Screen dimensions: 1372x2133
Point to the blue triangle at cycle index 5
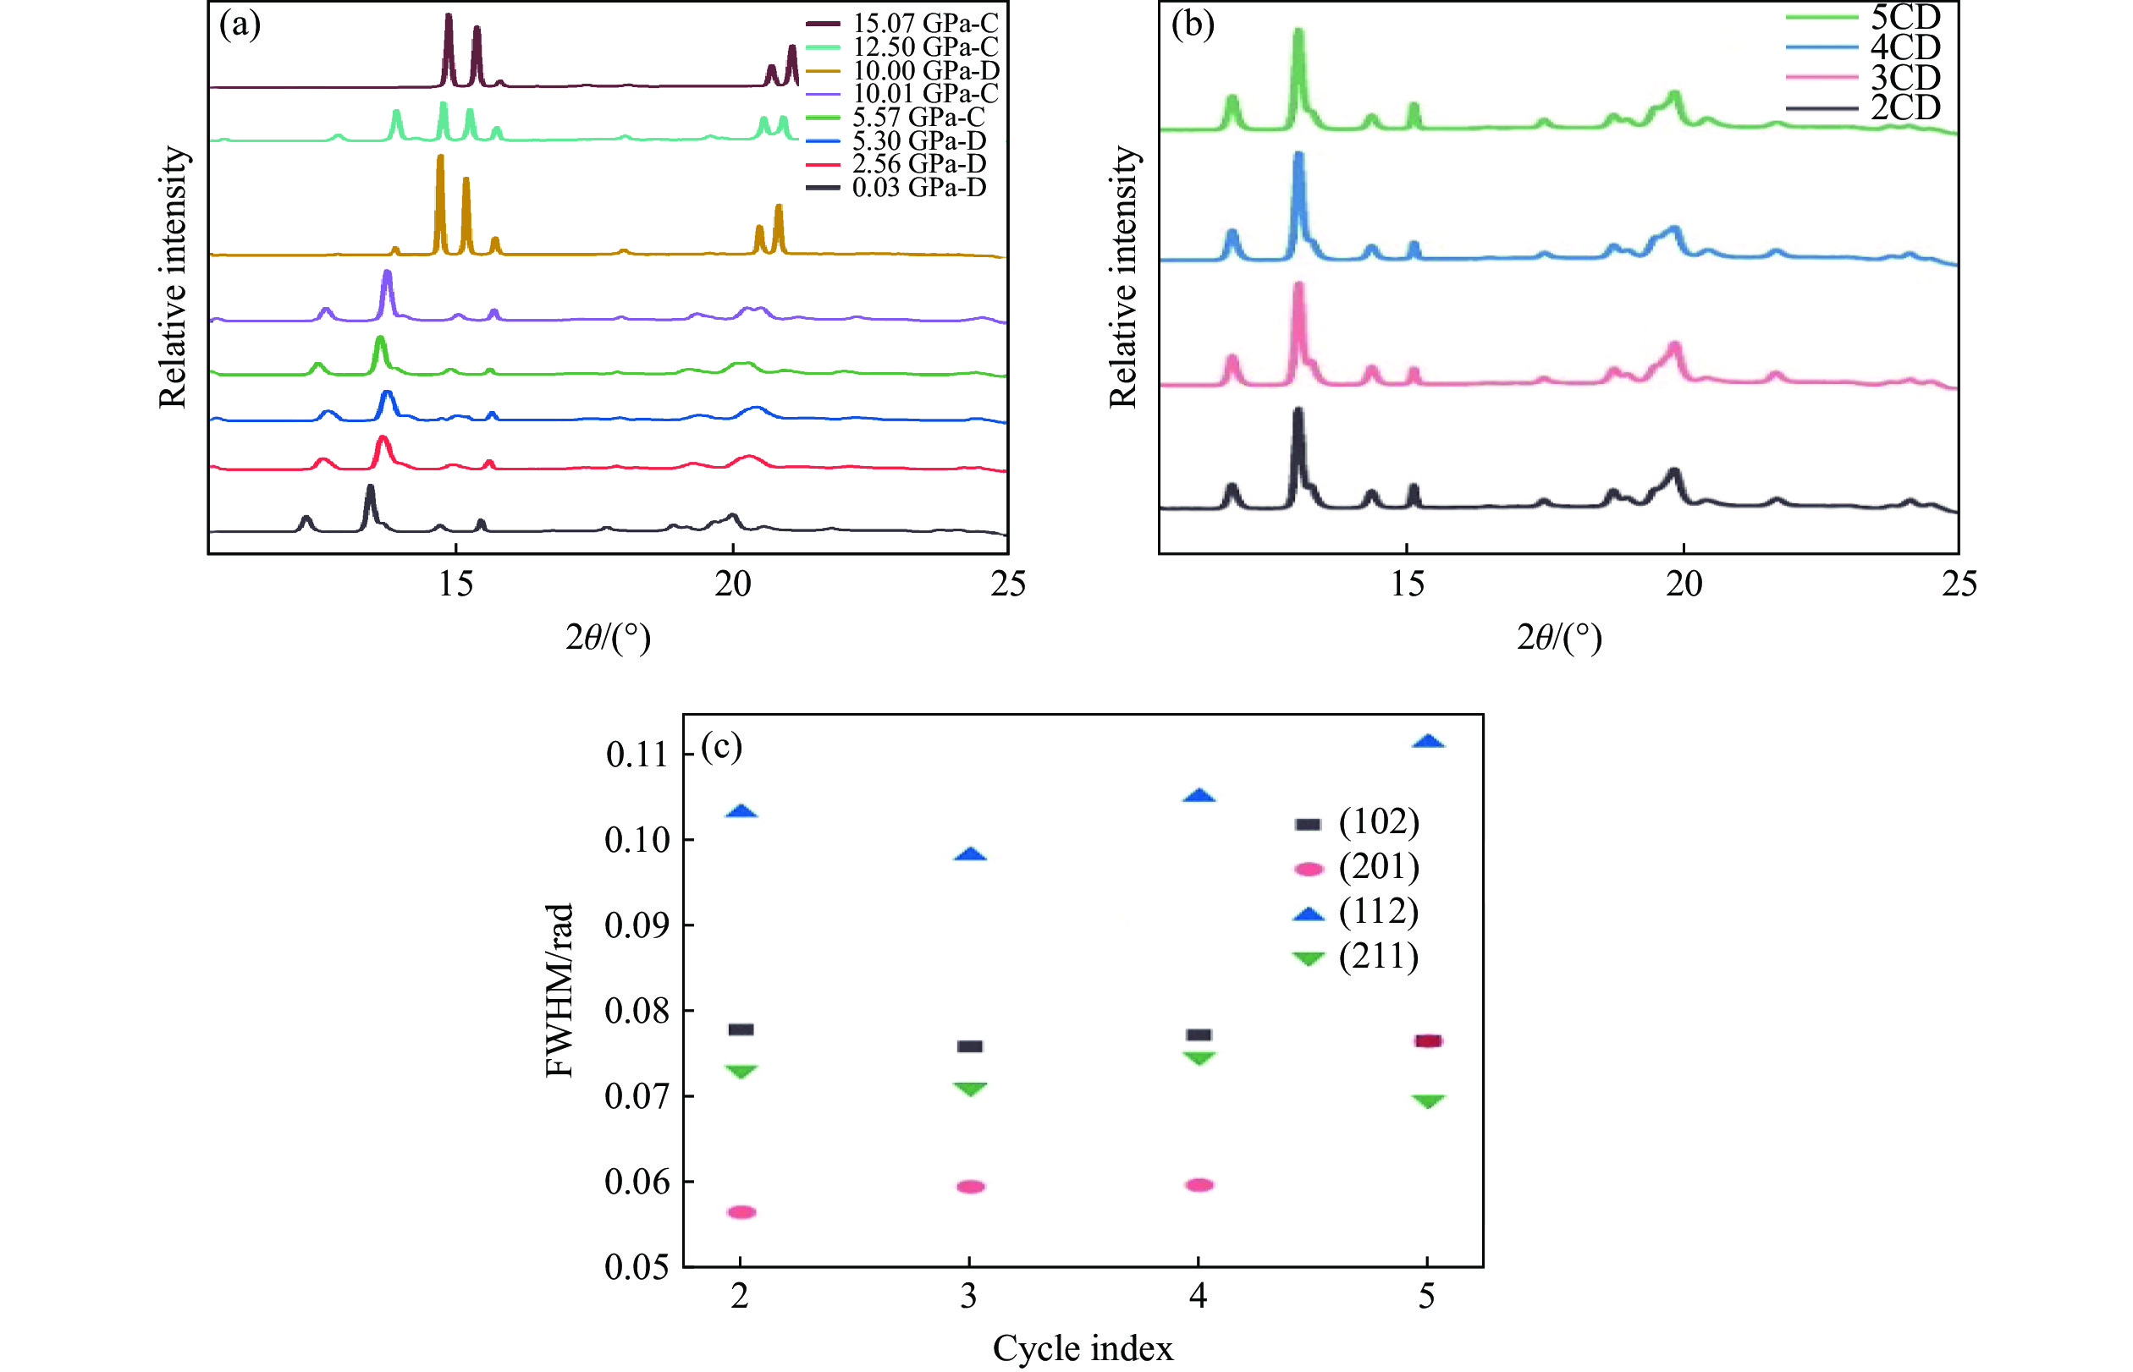click(x=1428, y=742)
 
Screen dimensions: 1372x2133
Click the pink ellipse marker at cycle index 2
click(x=741, y=1211)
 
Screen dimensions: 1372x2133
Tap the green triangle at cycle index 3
click(x=970, y=1089)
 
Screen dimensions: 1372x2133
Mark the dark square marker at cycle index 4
click(x=1199, y=1034)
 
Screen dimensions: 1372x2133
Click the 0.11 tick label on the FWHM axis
click(x=637, y=755)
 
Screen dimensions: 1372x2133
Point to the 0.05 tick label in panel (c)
click(x=637, y=1267)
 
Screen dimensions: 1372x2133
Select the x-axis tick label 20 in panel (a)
click(x=733, y=584)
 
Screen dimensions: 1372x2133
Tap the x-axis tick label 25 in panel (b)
click(x=1959, y=584)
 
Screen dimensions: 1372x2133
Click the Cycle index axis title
click(x=1082, y=1348)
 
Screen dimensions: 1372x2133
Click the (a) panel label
click(x=240, y=25)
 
